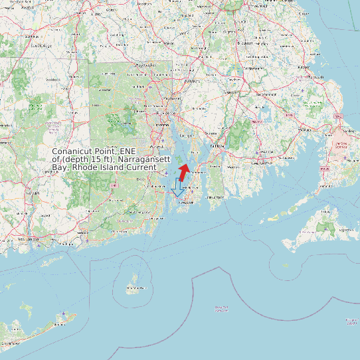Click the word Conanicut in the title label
(74, 151)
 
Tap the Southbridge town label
(40, 45)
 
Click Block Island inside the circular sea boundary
(136, 287)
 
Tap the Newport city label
(187, 203)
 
